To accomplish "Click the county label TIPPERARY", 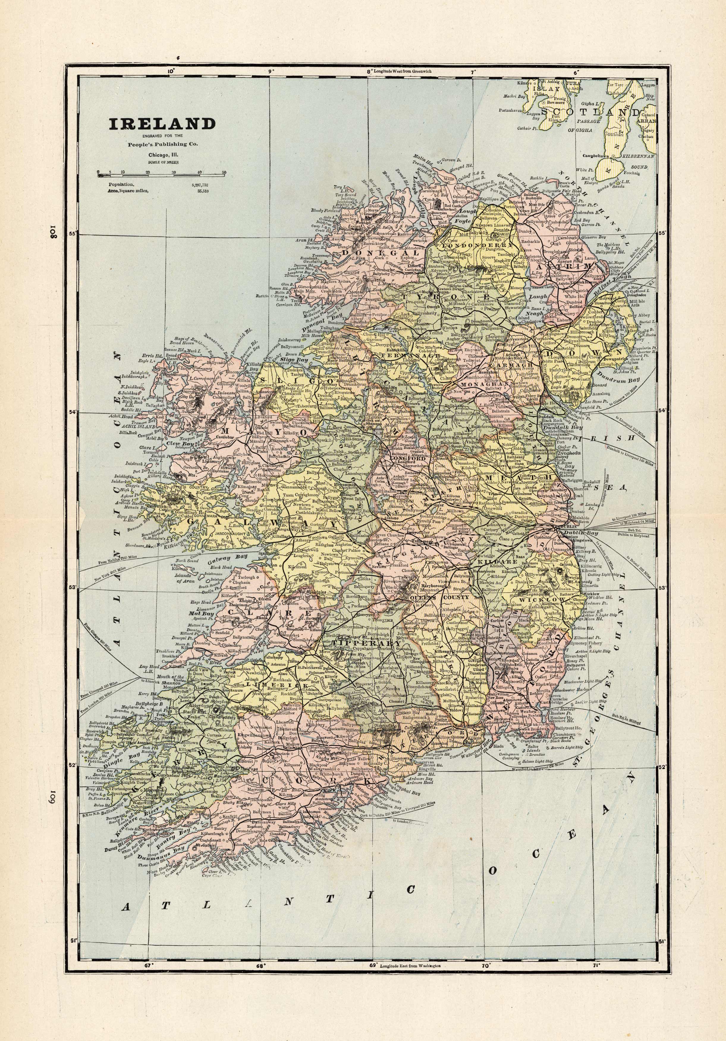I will pyautogui.click(x=367, y=643).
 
